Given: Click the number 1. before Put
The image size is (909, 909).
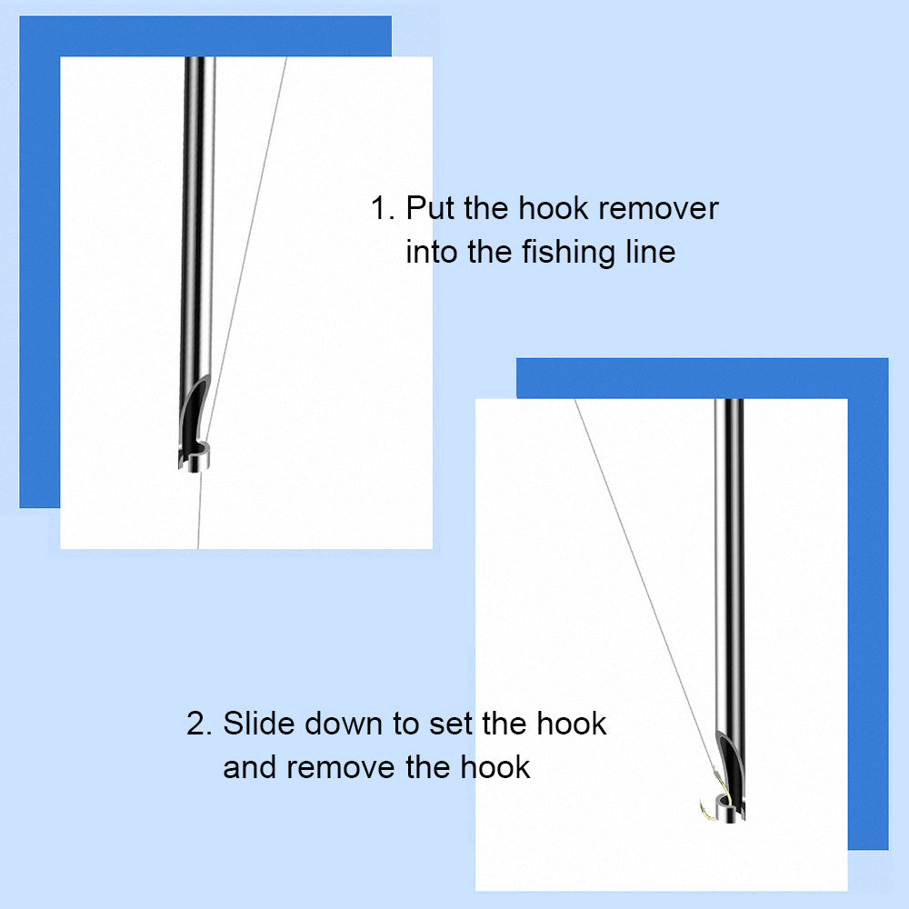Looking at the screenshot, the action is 383,208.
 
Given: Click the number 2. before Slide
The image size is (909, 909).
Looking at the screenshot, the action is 199,724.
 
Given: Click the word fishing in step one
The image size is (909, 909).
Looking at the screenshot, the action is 569,253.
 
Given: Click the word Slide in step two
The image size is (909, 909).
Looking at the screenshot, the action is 259,723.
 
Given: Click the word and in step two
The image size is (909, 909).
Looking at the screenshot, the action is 250,767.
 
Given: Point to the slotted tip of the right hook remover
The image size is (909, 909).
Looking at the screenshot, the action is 730,778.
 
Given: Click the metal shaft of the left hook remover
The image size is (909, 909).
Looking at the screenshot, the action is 197,220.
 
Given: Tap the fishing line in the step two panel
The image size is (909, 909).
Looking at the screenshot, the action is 645,585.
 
